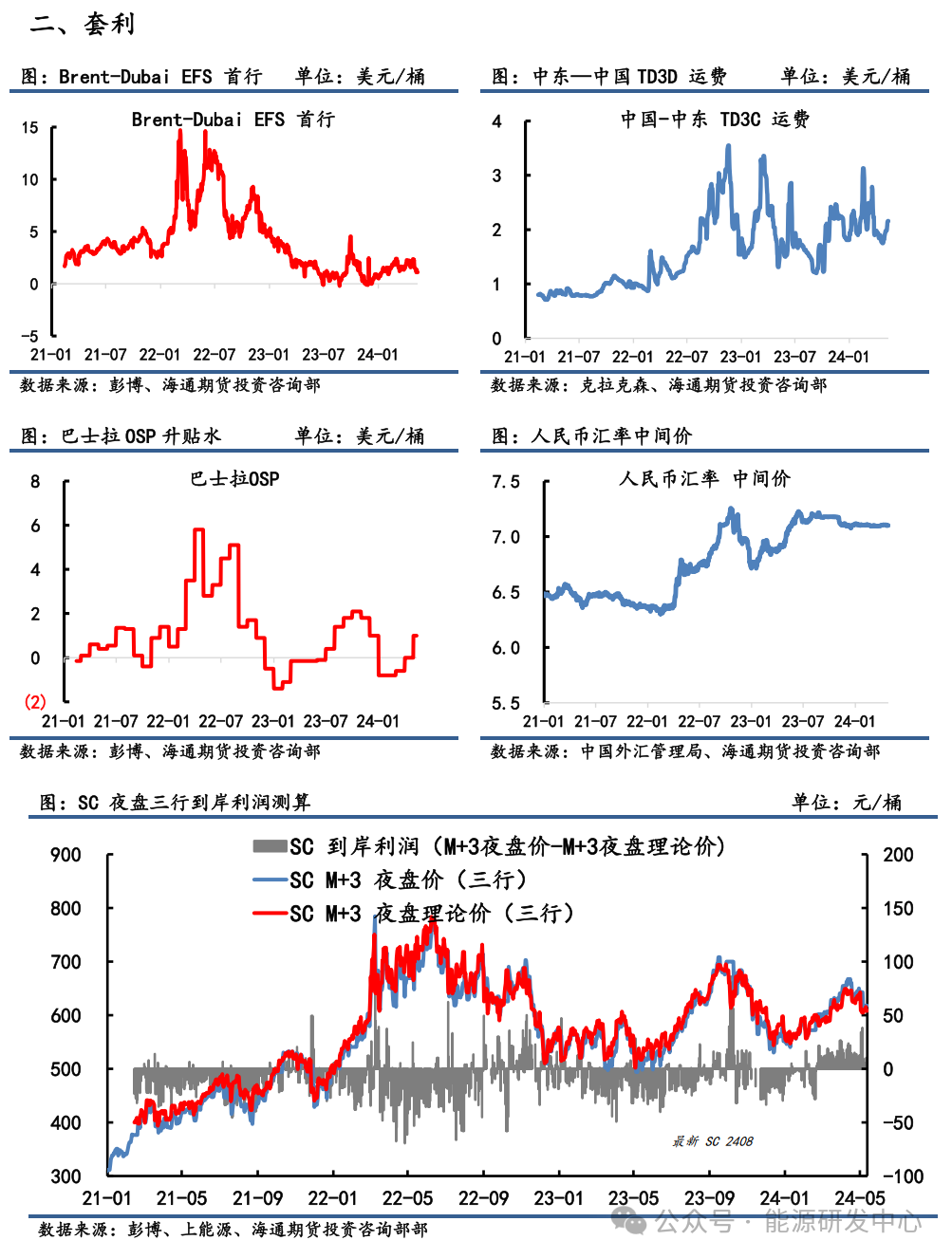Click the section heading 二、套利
point(83,24)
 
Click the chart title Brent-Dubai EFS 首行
point(233,120)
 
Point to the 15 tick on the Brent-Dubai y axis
point(30,127)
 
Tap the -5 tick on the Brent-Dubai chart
point(29,336)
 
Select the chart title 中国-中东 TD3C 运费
point(715,120)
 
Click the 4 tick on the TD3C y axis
point(496,121)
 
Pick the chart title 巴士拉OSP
point(234,479)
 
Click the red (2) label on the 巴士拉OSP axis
point(35,702)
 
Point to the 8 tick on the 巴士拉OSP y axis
point(35,481)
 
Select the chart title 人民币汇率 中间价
point(703,479)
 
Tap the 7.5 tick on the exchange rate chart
point(506,482)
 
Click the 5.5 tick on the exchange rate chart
point(506,703)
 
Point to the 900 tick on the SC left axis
point(65,855)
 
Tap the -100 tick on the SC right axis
point(903,1176)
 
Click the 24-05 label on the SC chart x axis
point(860,1198)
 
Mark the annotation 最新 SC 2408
point(713,1141)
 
